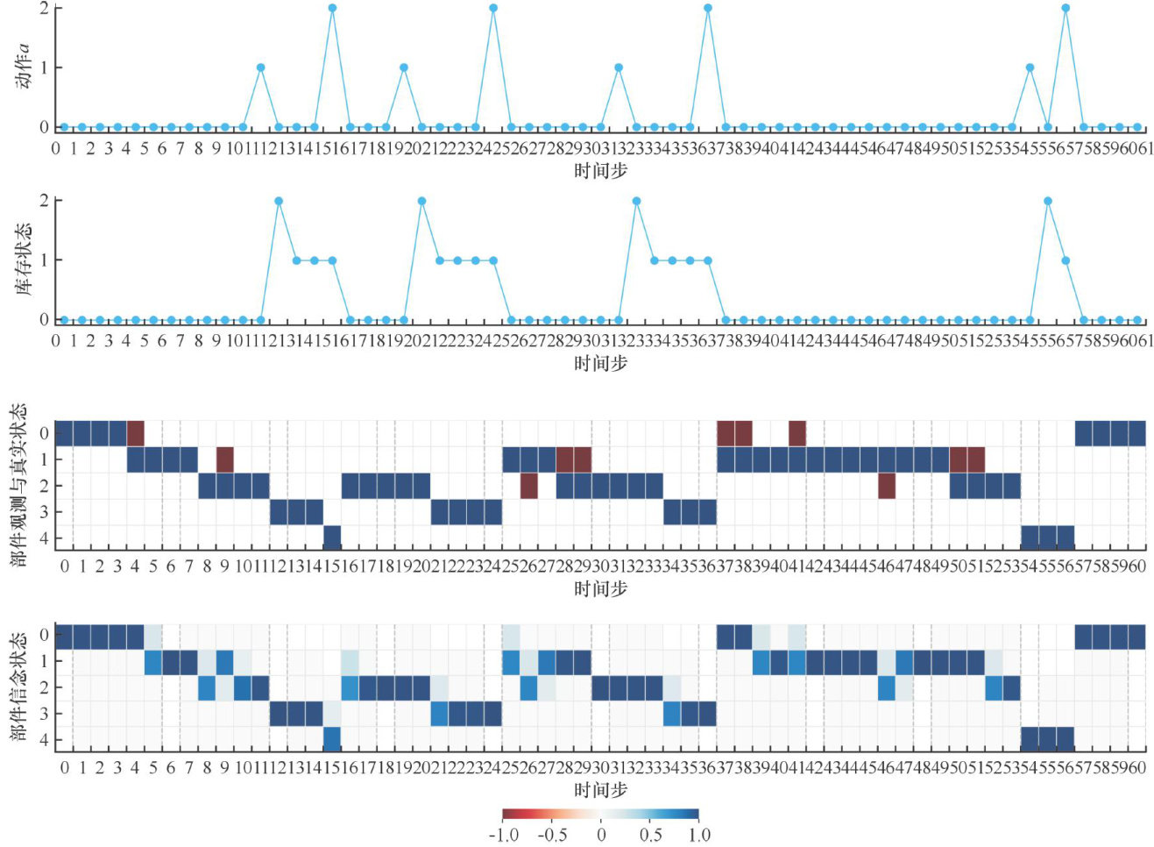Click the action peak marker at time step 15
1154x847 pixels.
(x=332, y=8)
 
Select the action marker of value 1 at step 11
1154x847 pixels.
(x=260, y=68)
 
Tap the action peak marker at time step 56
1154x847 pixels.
(x=1066, y=8)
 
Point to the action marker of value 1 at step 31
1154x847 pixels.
(x=619, y=68)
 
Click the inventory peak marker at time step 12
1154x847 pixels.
(x=279, y=201)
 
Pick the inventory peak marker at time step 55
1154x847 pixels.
(x=1048, y=201)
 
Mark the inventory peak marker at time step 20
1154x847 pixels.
(x=421, y=201)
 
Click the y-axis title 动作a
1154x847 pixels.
(x=22, y=66)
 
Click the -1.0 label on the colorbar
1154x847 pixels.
(x=503, y=835)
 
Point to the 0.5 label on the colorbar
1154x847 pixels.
(x=650, y=835)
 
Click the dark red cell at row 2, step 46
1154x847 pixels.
(x=887, y=486)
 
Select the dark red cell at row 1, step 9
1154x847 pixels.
(x=225, y=459)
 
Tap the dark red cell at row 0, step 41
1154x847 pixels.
(x=797, y=433)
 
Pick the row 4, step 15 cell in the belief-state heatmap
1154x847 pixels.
(x=332, y=739)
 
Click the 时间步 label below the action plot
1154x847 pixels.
(x=600, y=171)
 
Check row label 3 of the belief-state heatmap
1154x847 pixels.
(x=44, y=714)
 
